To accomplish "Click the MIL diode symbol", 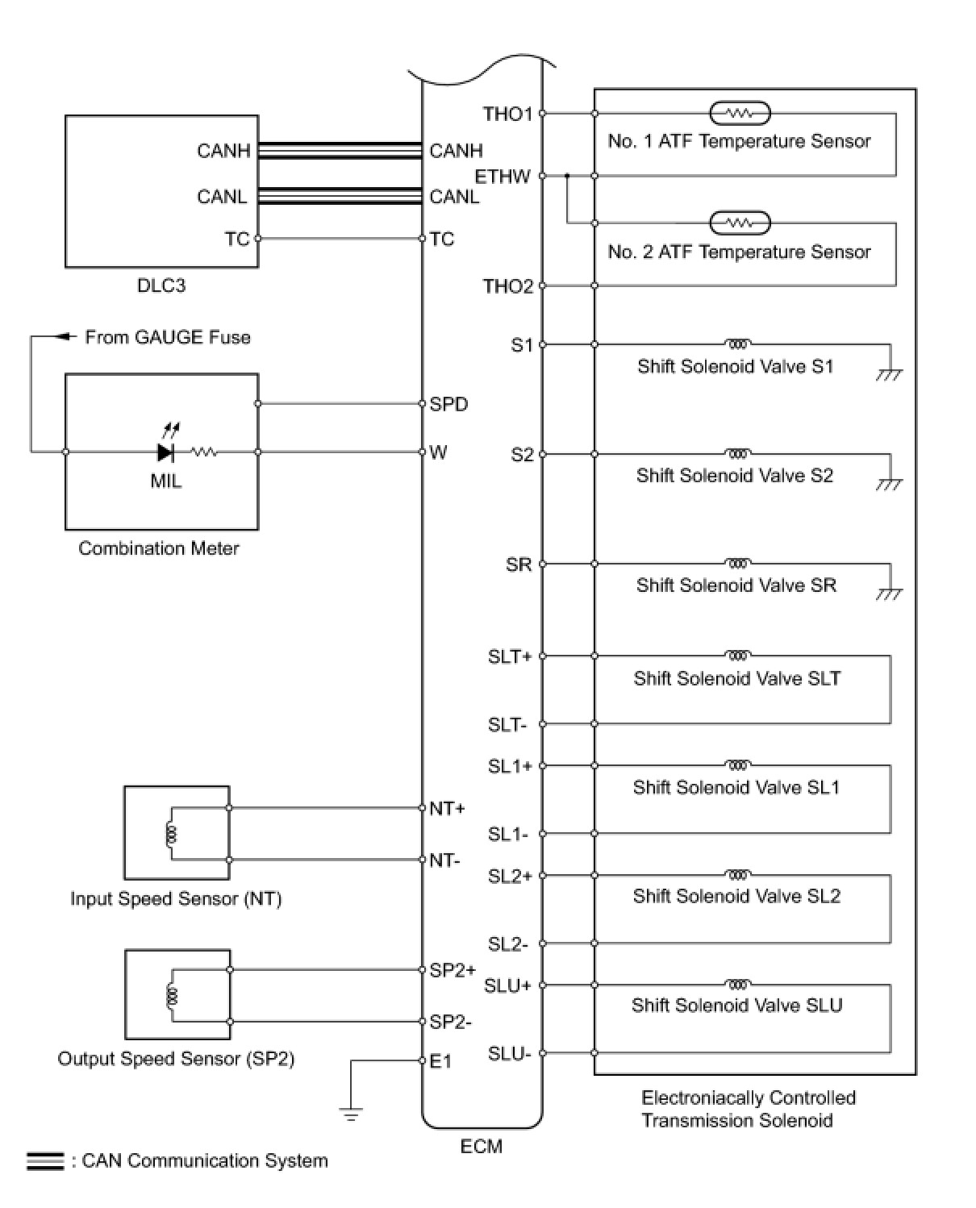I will click(x=166, y=452).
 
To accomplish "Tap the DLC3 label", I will click(x=161, y=285).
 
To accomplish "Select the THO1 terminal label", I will click(x=507, y=114).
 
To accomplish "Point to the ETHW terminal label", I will click(x=503, y=176).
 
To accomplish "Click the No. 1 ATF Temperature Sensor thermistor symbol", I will click(x=740, y=114).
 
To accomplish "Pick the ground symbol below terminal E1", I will click(x=351, y=1114).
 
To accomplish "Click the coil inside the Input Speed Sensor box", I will click(x=170, y=834).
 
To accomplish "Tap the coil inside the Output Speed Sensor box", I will click(x=170, y=996).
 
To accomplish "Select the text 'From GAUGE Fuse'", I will click(x=168, y=337).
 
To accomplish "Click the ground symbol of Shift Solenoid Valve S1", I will click(x=890, y=373).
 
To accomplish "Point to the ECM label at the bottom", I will click(x=482, y=1146).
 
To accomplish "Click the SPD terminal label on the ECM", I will click(x=448, y=404).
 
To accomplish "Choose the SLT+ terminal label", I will click(x=510, y=656).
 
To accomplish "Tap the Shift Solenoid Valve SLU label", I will click(x=736, y=1006).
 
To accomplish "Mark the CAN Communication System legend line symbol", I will click(x=45, y=1161).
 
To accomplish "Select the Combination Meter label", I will click(x=159, y=548).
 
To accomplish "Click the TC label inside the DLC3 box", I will click(x=237, y=239).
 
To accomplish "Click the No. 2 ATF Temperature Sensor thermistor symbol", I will click(x=740, y=223).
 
